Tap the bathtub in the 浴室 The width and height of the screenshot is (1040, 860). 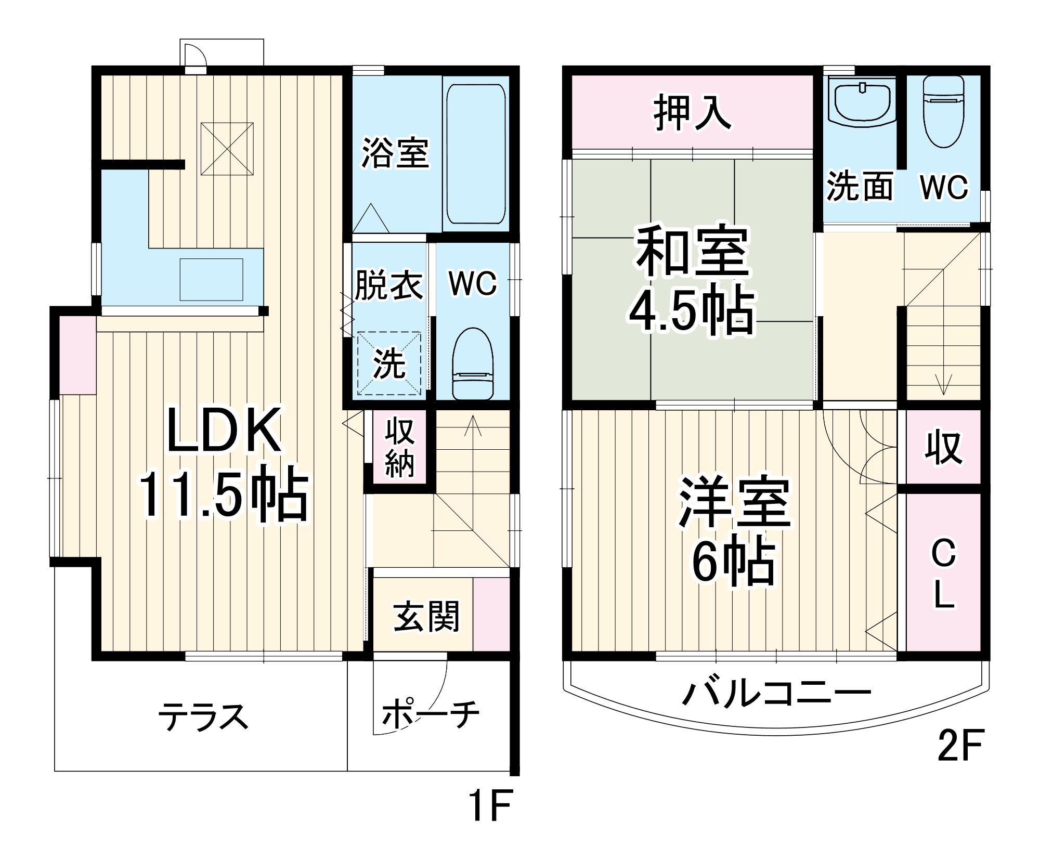476,153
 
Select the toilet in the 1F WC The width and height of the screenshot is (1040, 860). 472,364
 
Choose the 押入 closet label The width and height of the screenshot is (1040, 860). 693,112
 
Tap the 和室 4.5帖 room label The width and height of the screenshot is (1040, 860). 692,281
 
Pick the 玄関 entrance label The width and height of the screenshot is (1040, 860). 426,616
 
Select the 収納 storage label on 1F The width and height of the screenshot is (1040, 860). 399,447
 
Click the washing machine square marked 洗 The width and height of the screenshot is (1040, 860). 389,363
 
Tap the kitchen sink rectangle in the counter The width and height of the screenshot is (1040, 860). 211,279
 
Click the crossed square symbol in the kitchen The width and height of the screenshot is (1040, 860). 227,149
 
